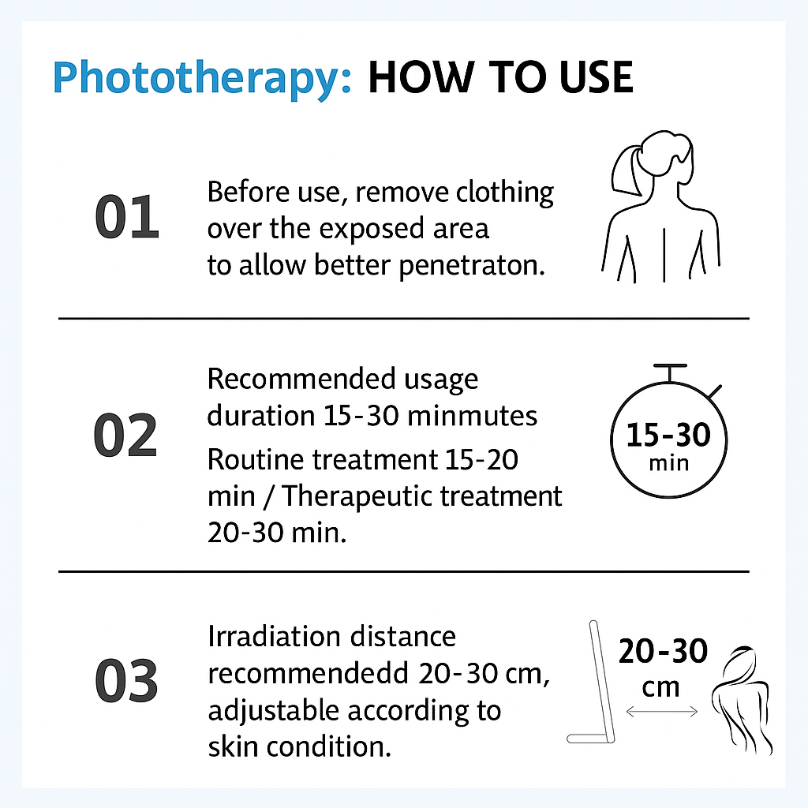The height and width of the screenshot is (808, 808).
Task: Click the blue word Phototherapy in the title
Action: click(202, 78)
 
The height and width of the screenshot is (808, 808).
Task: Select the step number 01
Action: click(127, 217)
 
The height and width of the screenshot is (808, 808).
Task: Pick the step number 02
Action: click(125, 436)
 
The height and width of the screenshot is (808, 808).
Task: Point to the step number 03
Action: click(126, 681)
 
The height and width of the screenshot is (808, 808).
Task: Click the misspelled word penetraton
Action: click(472, 266)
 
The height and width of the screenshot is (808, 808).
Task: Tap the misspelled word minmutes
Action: click(472, 416)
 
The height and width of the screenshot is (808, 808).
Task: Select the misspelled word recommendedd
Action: click(309, 674)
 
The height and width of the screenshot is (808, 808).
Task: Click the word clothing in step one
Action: click(504, 193)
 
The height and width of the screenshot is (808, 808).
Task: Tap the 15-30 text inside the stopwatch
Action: click(668, 435)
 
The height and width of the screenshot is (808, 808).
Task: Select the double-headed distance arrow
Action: click(662, 712)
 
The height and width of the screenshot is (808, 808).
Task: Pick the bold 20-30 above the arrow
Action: click(663, 651)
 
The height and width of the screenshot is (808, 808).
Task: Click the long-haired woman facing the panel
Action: click(742, 701)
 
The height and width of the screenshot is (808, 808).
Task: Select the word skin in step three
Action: click(233, 746)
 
